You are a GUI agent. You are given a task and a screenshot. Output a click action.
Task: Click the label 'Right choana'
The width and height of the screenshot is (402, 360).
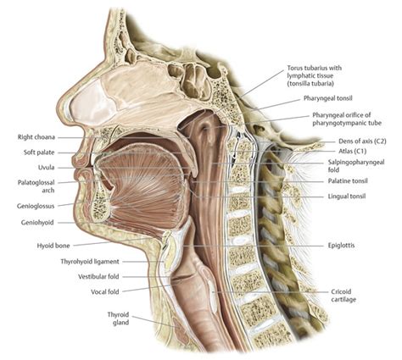(36, 137)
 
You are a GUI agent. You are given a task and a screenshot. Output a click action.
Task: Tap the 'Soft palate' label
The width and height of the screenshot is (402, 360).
(39, 152)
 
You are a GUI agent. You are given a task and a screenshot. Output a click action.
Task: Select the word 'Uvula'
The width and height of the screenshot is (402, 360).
(46, 168)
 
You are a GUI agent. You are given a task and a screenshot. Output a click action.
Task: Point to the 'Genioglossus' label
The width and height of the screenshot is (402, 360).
(36, 206)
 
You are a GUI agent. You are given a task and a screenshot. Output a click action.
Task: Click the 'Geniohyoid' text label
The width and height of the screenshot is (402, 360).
(37, 223)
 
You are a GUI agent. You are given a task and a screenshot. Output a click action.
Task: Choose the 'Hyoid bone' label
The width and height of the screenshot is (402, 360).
(53, 246)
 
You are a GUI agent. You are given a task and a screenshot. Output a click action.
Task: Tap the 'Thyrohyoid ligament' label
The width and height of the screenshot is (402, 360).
(90, 262)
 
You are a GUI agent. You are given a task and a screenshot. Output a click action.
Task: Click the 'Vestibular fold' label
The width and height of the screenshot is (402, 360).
(98, 277)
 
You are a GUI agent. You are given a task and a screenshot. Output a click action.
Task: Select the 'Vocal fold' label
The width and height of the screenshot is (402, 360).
(105, 291)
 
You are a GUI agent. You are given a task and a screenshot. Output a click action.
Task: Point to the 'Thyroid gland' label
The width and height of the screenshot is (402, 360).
(118, 318)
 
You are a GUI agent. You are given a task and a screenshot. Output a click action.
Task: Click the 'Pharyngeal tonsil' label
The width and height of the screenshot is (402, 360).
(328, 98)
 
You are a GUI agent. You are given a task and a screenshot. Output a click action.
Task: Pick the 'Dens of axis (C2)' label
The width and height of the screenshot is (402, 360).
(362, 141)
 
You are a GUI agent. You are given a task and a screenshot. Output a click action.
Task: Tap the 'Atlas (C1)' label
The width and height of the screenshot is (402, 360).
(353, 151)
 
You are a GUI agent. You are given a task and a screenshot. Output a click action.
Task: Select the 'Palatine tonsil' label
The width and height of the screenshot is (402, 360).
(348, 180)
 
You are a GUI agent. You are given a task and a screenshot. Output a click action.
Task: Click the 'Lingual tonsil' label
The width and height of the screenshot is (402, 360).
(347, 196)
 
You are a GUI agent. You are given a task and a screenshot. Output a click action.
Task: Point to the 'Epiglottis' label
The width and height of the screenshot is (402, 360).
(341, 246)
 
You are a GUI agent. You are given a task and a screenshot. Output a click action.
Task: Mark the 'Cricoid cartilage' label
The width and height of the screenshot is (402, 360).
(343, 296)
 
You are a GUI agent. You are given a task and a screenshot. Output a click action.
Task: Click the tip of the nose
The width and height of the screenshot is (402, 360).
(58, 108)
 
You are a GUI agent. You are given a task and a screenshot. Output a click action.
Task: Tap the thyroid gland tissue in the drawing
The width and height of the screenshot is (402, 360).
(181, 330)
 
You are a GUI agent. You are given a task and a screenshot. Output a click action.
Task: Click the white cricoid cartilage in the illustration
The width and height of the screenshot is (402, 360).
(213, 295)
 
